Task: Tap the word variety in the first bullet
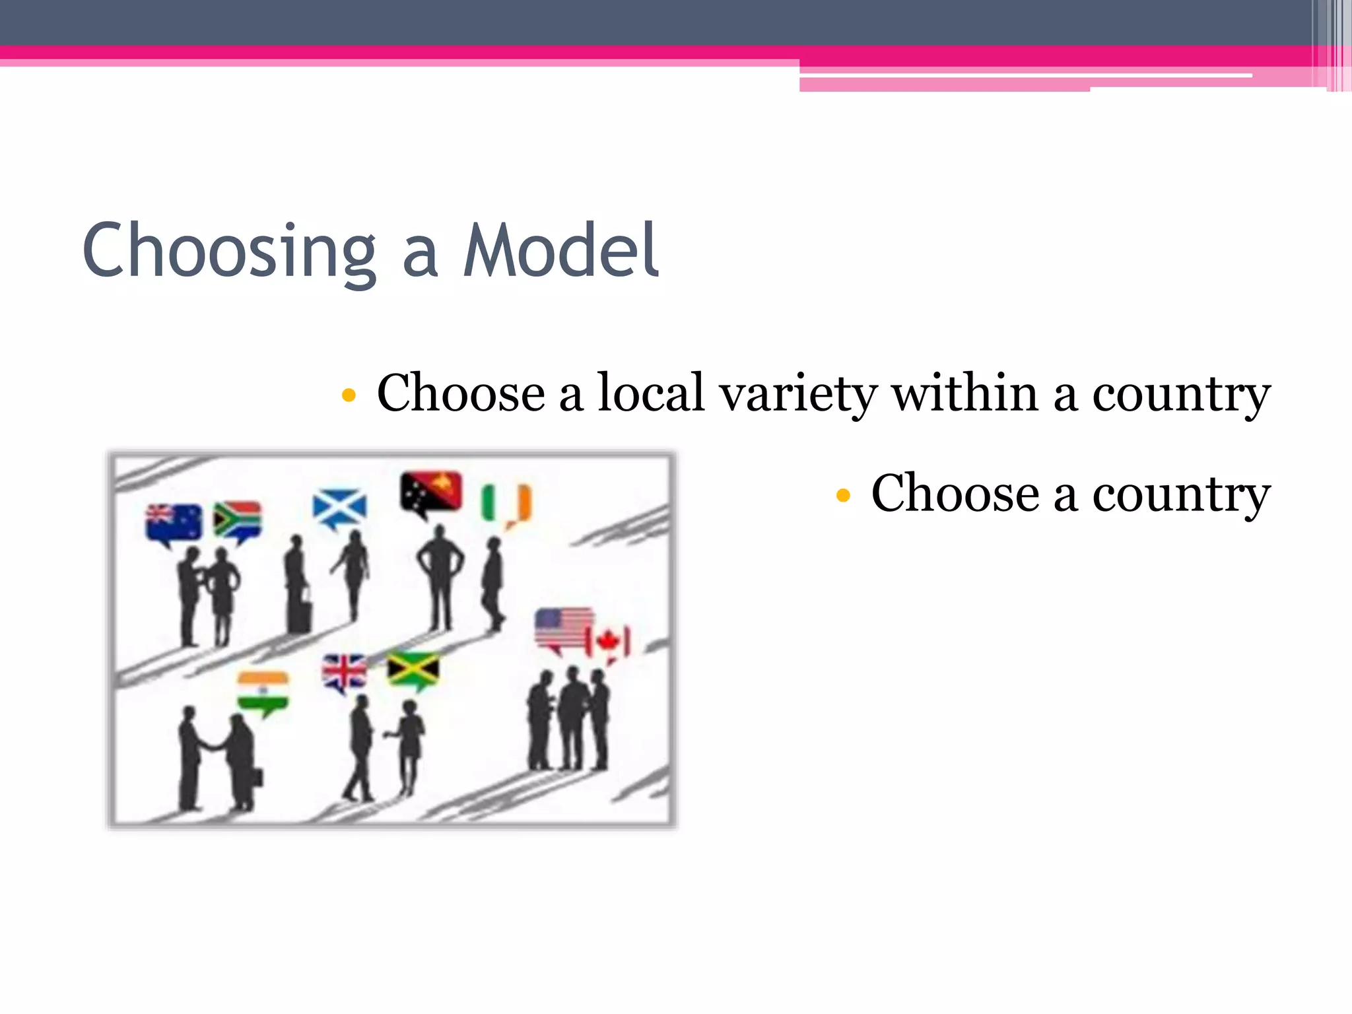(x=798, y=394)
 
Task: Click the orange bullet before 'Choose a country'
(x=842, y=495)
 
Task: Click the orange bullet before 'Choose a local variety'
(x=349, y=395)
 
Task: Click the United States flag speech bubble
(x=562, y=629)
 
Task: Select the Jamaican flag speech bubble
(x=413, y=670)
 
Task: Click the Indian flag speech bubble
(x=263, y=692)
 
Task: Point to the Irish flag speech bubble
(x=507, y=504)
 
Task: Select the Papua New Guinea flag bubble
(x=430, y=492)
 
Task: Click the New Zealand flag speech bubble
(x=174, y=523)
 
